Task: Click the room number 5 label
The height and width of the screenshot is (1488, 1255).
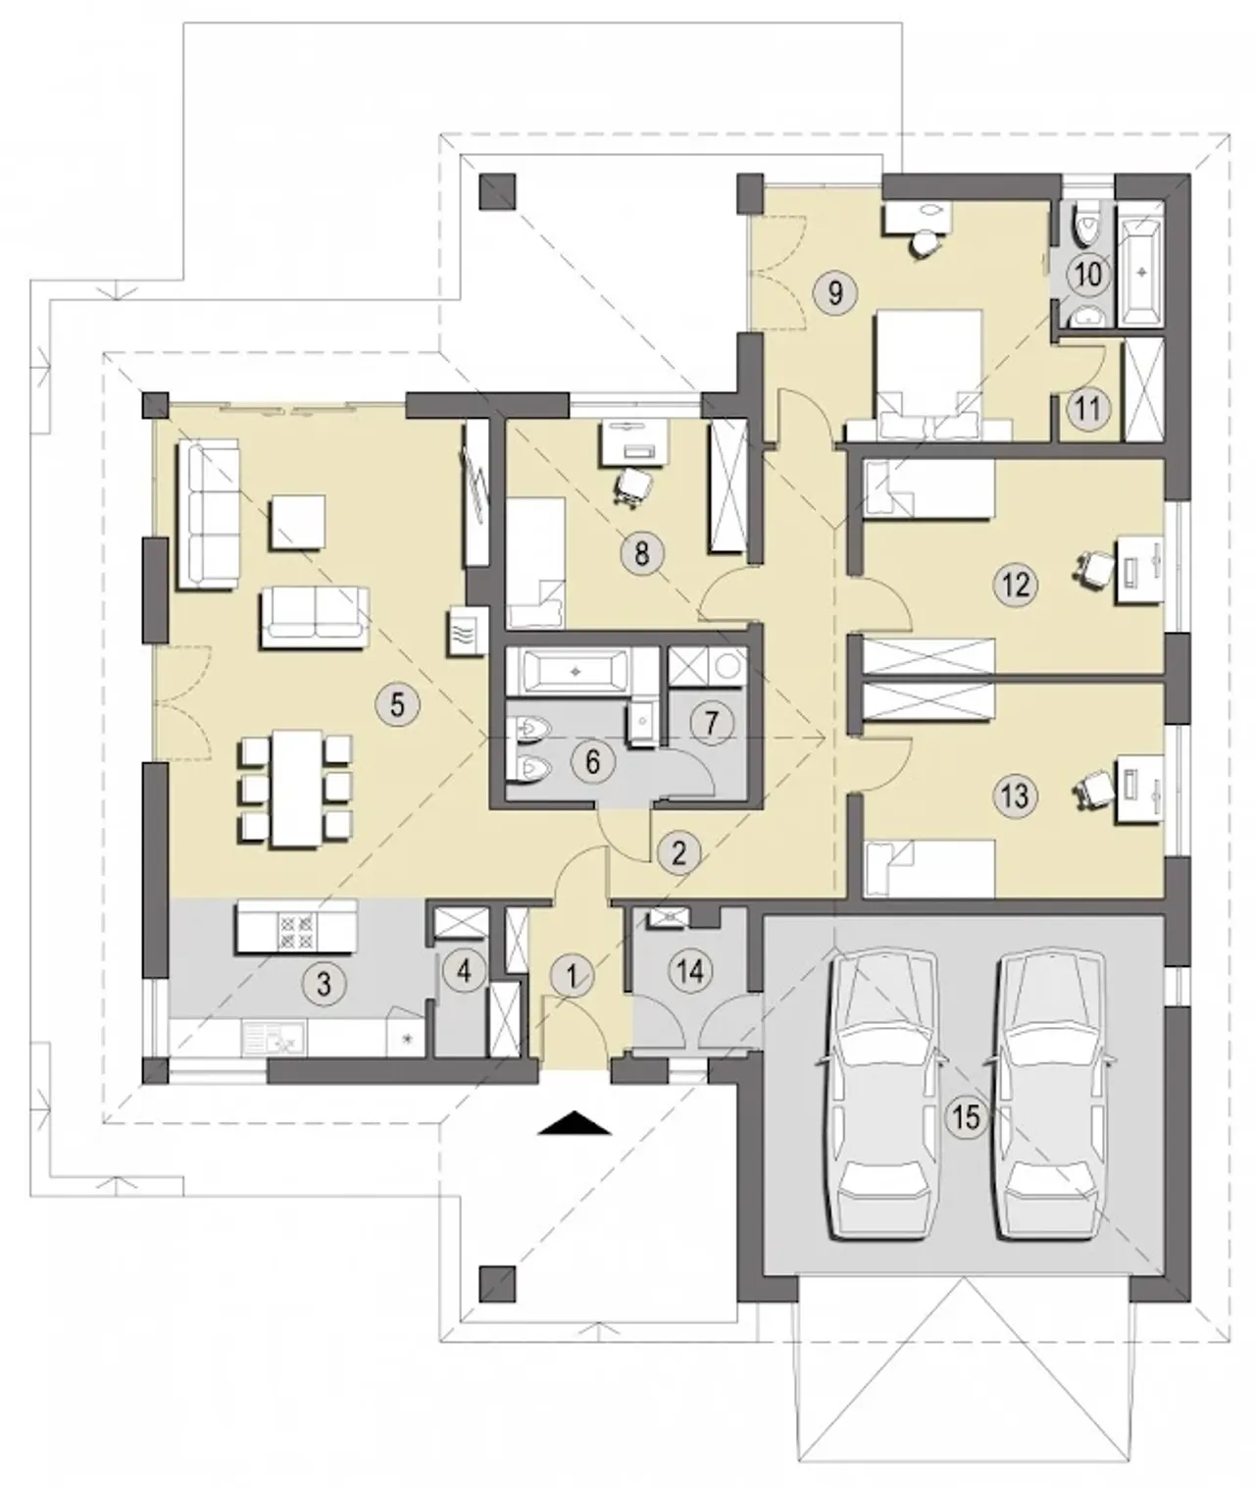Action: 397,705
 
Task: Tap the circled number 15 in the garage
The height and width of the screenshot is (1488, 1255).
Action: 967,1116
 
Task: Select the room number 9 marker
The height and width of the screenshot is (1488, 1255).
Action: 835,292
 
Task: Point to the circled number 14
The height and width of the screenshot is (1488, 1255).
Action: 691,971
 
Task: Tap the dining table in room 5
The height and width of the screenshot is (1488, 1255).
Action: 295,789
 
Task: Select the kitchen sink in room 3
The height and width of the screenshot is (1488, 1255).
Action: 275,1038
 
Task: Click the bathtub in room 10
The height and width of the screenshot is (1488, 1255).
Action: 1141,264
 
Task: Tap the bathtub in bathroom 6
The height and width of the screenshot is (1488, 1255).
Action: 577,671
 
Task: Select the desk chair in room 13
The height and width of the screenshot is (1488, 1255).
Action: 1096,789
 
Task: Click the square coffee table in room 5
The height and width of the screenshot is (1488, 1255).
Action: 297,523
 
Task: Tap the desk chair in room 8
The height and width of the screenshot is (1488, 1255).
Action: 633,486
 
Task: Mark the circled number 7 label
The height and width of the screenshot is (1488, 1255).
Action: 711,723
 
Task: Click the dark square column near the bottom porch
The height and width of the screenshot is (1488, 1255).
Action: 497,1284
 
